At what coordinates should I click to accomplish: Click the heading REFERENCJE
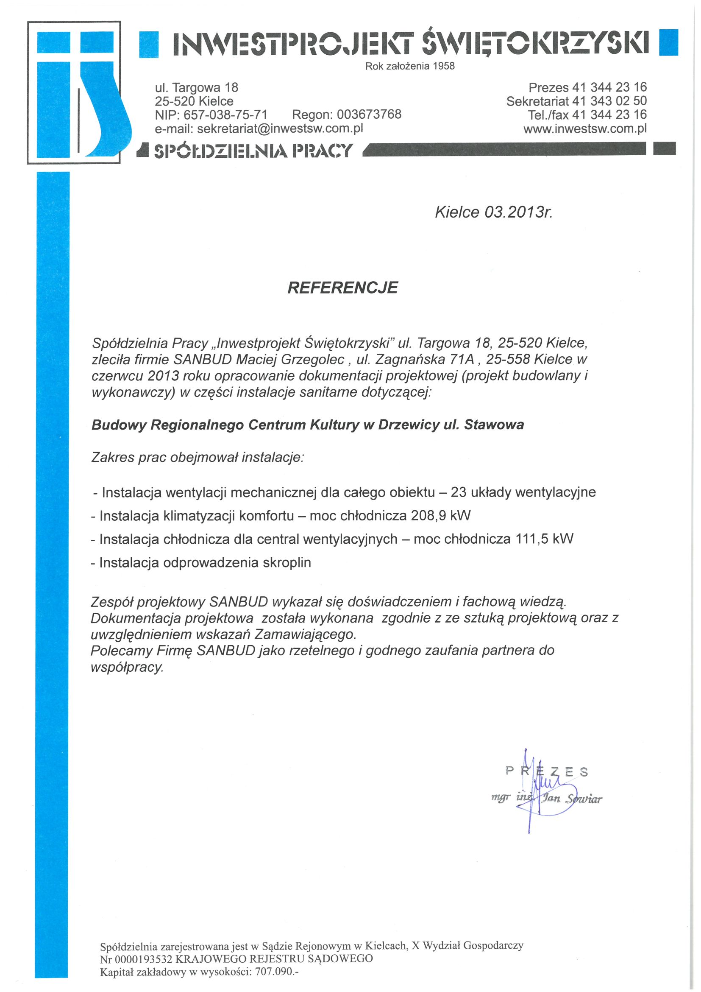[343, 288]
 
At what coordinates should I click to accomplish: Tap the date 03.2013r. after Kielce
[518, 212]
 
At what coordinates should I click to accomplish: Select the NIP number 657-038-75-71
[225, 115]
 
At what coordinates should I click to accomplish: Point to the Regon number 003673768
[369, 115]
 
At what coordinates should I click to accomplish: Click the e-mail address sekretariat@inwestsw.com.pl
[280, 129]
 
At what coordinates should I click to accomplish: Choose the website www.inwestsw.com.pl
[585, 129]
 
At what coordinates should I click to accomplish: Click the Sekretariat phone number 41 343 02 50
[609, 101]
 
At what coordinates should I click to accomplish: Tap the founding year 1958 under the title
[444, 66]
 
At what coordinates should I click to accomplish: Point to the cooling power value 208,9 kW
[441, 515]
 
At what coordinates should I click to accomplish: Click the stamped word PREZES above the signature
[546, 771]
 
